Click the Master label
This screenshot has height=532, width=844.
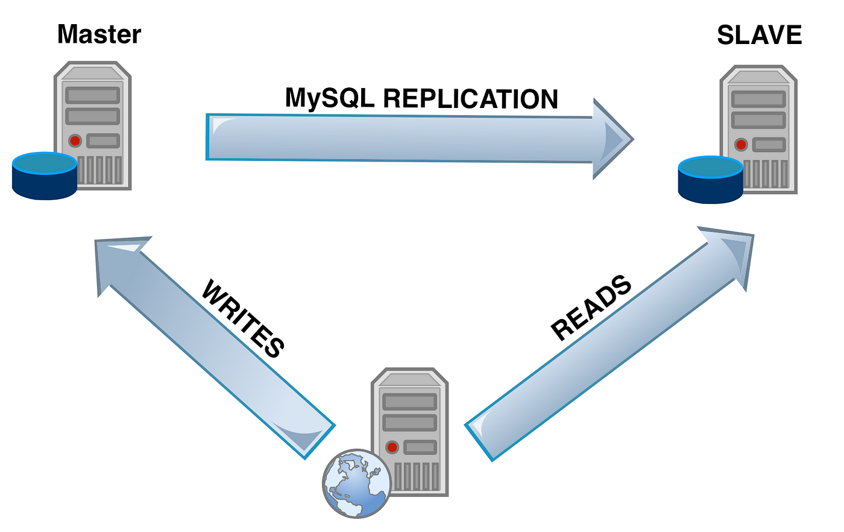pyautogui.click(x=99, y=34)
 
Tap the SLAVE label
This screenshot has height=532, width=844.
pyautogui.click(x=759, y=35)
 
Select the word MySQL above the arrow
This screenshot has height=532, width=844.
pyautogui.click(x=330, y=98)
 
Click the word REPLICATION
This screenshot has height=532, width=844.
pyautogui.click(x=470, y=99)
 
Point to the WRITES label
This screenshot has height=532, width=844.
pyautogui.click(x=242, y=318)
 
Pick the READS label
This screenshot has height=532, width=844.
pyautogui.click(x=591, y=308)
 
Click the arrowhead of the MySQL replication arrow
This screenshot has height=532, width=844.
pyautogui.click(x=613, y=139)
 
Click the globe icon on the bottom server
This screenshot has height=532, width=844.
pyautogui.click(x=357, y=483)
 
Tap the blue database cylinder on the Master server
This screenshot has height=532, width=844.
pyautogui.click(x=45, y=176)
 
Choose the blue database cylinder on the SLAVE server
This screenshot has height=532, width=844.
pyautogui.click(x=711, y=180)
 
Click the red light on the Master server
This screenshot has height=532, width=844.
pyautogui.click(x=75, y=141)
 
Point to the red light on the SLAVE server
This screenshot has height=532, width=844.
pyautogui.click(x=741, y=145)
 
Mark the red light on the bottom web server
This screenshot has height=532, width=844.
pyautogui.click(x=392, y=448)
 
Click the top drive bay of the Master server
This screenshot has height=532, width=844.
pyautogui.click(x=93, y=95)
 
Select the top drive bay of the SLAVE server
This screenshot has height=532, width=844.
pyautogui.click(x=758, y=99)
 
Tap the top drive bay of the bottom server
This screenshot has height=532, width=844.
pyautogui.click(x=409, y=402)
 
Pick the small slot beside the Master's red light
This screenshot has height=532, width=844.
pyautogui.click(x=103, y=141)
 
